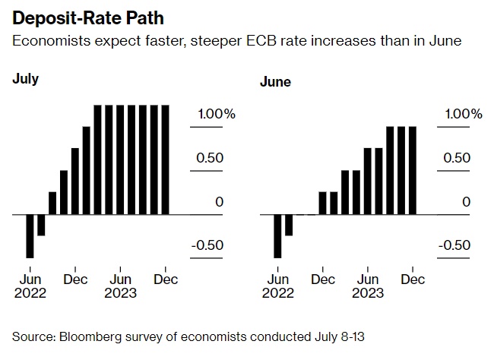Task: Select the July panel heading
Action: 25,78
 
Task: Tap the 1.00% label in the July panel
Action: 217,114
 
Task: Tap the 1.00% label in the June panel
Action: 464,114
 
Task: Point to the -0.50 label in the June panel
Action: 454,245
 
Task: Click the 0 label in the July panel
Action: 219,202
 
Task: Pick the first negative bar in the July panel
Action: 30,236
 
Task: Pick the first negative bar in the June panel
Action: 277,236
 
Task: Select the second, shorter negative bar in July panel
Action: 41,226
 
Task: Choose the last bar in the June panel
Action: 413,171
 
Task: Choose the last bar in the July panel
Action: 166,160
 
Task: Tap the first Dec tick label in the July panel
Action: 74,279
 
